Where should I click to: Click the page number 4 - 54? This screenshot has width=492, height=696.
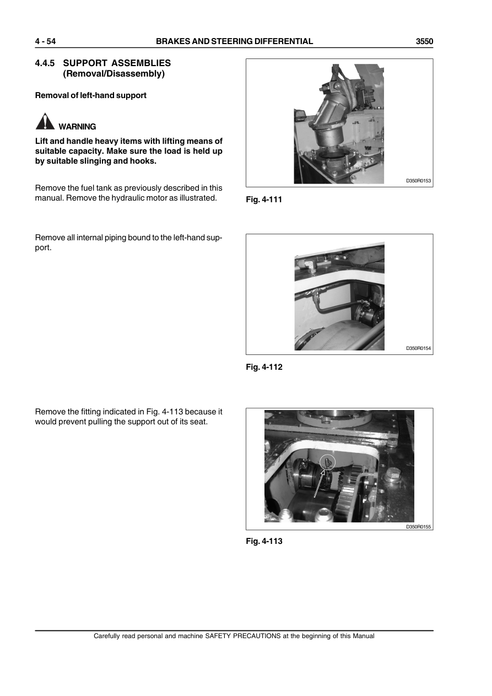(46, 41)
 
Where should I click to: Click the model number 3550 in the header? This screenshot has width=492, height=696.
(424, 41)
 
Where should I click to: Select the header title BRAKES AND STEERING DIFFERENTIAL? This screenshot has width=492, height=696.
(234, 41)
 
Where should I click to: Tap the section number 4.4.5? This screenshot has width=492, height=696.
(46, 63)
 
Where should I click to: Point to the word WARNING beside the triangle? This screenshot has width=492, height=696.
(77, 127)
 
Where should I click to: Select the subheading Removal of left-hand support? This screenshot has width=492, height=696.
(91, 95)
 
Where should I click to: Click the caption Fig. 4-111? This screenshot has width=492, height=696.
(264, 199)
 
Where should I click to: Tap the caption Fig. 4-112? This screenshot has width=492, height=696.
(264, 367)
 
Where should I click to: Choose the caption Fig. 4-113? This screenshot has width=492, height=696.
(264, 541)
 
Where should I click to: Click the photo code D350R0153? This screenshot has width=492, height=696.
(418, 181)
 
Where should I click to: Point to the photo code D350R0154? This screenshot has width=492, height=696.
(418, 348)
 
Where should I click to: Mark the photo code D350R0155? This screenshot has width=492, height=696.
(418, 527)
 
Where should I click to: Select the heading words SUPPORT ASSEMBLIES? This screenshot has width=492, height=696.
(117, 63)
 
